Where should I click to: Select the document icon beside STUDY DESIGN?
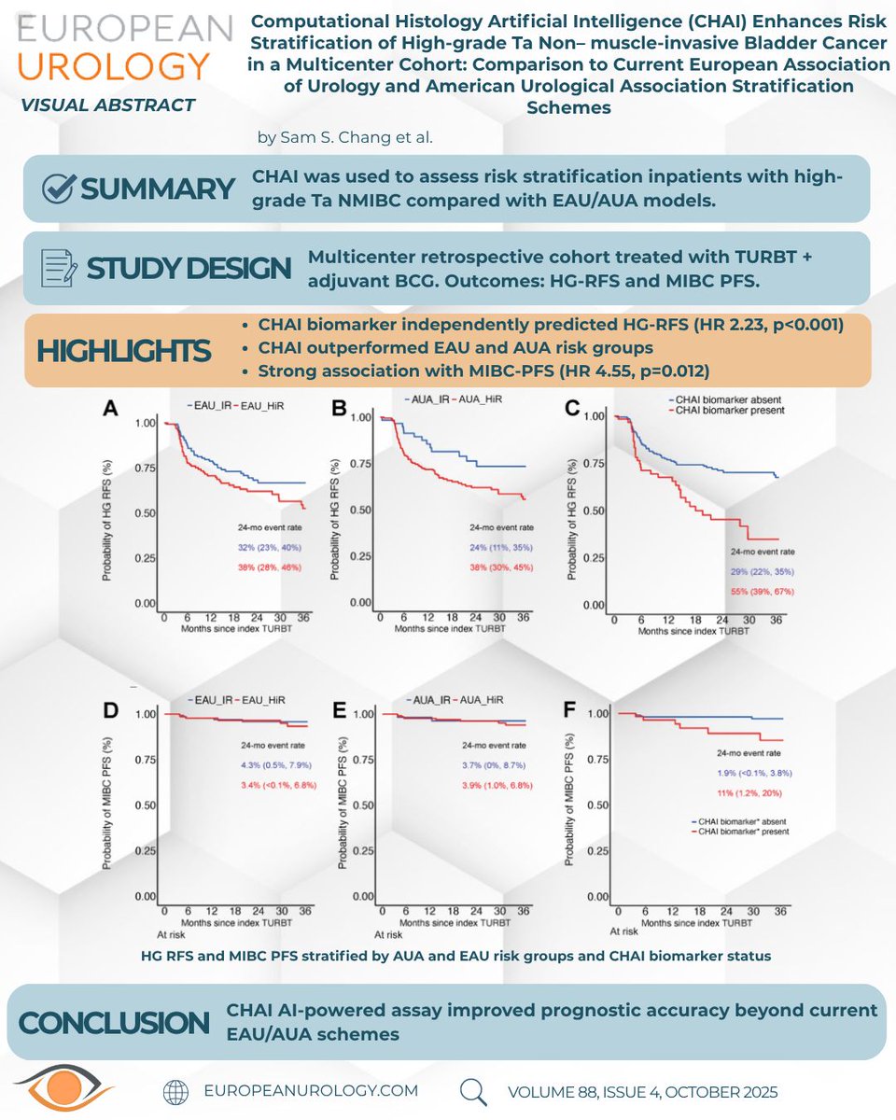(60, 268)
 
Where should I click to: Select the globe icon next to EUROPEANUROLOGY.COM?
(175, 1091)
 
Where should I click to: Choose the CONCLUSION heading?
(113, 1022)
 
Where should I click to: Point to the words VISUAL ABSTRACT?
(107, 105)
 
